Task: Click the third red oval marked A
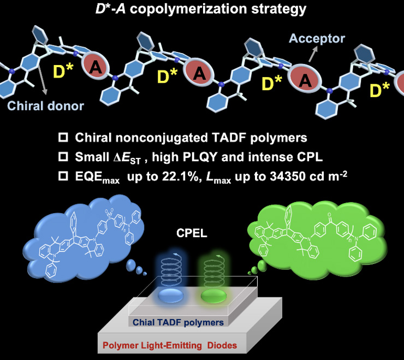(x=306, y=80)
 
